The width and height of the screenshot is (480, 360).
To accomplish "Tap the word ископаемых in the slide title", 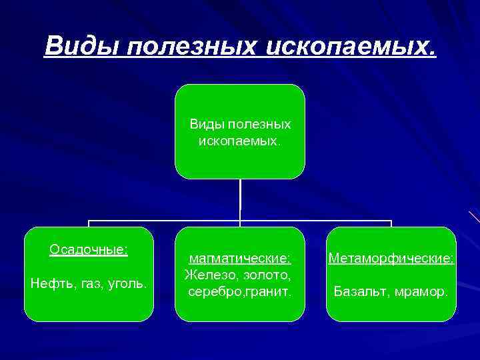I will click(x=351, y=46).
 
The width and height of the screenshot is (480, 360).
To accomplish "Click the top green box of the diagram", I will click(x=239, y=160).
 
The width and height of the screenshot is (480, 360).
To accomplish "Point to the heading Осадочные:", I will click(x=89, y=249).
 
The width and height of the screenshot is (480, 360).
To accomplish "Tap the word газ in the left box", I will click(x=89, y=284).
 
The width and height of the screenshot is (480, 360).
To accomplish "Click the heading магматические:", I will click(x=240, y=258).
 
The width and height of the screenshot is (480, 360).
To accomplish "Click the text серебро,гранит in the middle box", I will click(x=239, y=291).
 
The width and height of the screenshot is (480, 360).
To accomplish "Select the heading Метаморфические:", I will click(x=391, y=258).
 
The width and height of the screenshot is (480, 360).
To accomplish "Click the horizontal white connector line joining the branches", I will click(x=167, y=221).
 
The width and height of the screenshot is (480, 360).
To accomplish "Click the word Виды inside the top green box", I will click(x=206, y=125).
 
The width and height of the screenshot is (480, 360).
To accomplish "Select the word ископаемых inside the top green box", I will click(x=239, y=141).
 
